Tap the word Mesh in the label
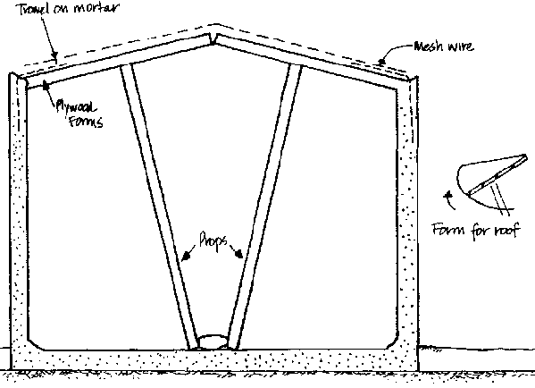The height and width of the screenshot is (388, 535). [427, 46]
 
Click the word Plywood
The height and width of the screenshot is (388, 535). [76, 106]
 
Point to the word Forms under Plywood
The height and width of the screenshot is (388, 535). [86, 122]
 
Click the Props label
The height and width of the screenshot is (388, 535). [213, 240]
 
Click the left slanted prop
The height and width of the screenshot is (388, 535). [159, 207]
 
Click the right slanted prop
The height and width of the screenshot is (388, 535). [264, 207]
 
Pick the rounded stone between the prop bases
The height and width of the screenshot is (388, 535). [213, 342]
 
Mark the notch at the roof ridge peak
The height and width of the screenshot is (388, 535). [213, 39]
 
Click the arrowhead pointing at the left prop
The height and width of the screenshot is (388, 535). [186, 257]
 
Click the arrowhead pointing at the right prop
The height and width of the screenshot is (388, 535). [238, 253]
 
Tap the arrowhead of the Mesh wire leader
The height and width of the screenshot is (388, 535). [381, 62]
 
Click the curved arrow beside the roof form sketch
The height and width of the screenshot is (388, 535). [449, 200]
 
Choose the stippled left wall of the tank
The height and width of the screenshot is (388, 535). [19, 212]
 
